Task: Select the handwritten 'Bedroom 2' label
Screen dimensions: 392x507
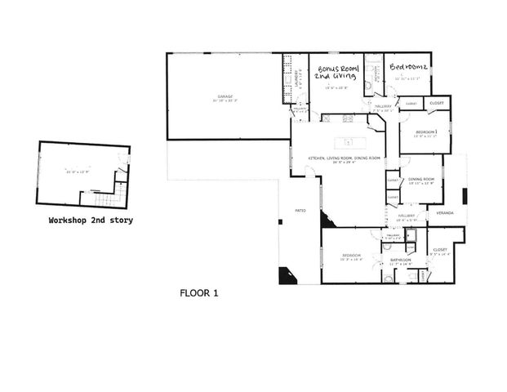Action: click(x=409, y=66)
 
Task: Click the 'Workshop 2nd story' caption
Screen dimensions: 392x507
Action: click(x=91, y=220)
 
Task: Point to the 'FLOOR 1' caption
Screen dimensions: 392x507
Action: click(x=198, y=292)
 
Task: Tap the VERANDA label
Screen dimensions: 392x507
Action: click(x=445, y=212)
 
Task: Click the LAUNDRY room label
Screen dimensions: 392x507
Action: click(x=296, y=78)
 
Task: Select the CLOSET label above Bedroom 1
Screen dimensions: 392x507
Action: click(x=437, y=104)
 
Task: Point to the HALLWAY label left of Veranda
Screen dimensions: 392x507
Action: click(x=407, y=216)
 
